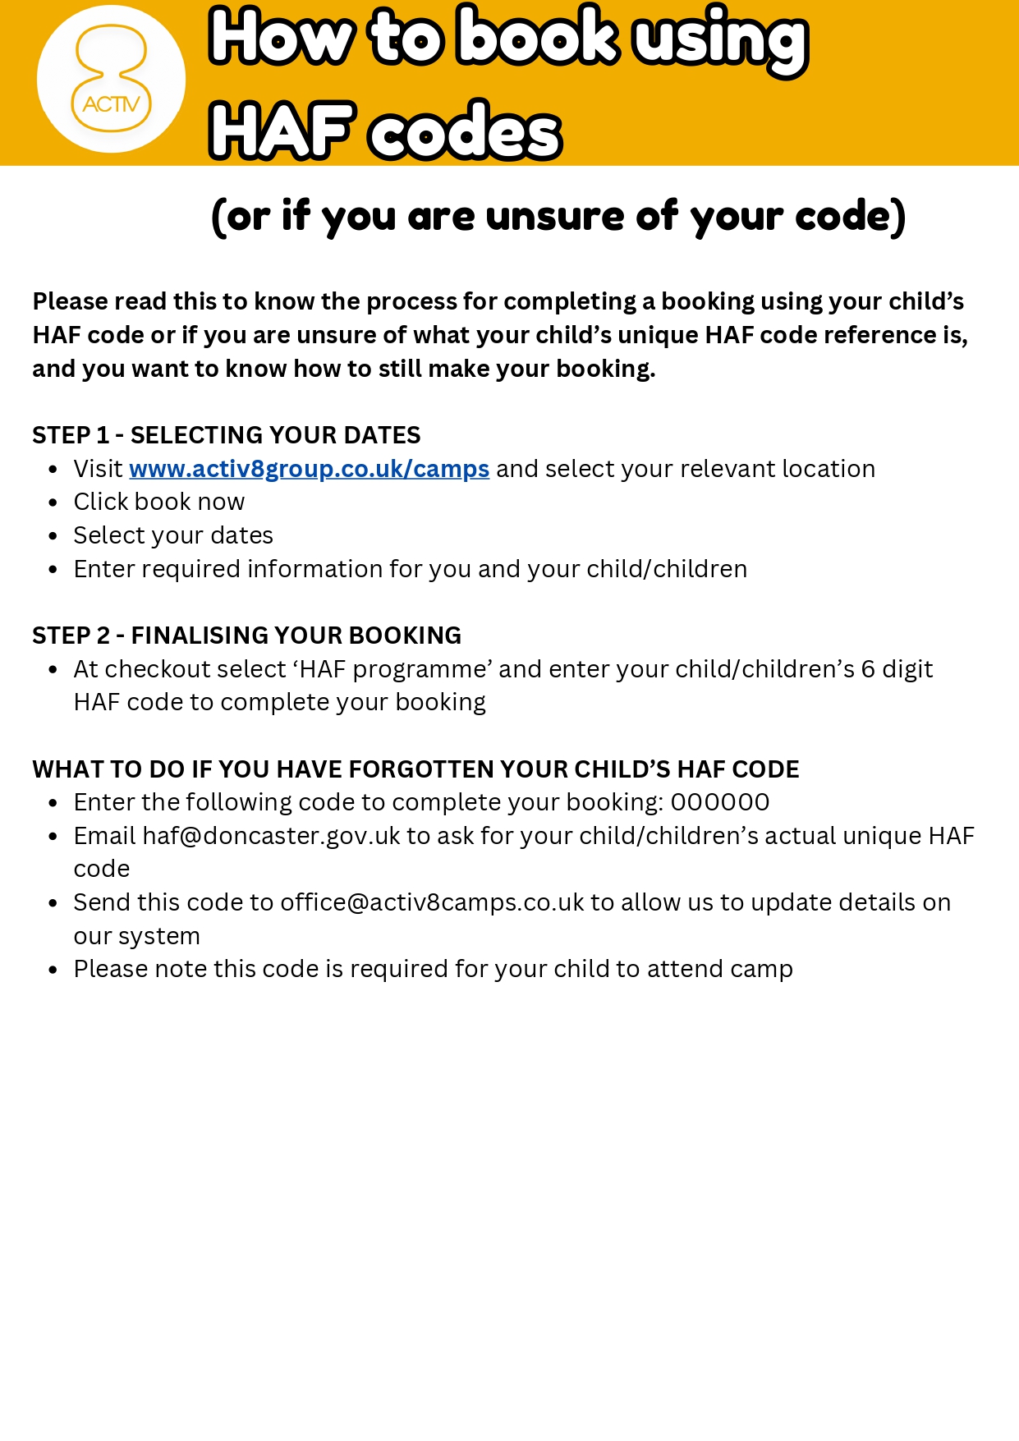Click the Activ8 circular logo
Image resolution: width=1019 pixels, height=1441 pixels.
[x=111, y=80]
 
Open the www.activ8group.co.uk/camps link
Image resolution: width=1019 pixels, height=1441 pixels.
[x=309, y=469]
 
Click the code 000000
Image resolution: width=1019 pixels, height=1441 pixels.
[x=720, y=802]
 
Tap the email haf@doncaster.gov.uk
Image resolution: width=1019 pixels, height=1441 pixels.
[x=271, y=836]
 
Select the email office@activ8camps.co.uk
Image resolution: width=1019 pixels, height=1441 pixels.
[x=432, y=902]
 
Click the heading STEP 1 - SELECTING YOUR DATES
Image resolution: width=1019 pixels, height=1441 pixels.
[x=226, y=435]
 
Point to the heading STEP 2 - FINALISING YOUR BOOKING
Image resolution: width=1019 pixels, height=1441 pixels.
[x=246, y=636]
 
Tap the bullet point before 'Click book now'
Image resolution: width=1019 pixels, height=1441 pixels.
[x=53, y=503]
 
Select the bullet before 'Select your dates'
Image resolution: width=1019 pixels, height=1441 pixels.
[x=53, y=536]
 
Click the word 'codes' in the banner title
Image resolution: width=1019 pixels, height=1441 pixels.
[x=466, y=131]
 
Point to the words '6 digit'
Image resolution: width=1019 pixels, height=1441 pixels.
[x=897, y=669]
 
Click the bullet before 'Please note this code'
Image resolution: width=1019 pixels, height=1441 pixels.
[x=53, y=970]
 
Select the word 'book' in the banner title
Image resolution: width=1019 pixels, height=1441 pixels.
[x=537, y=37]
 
